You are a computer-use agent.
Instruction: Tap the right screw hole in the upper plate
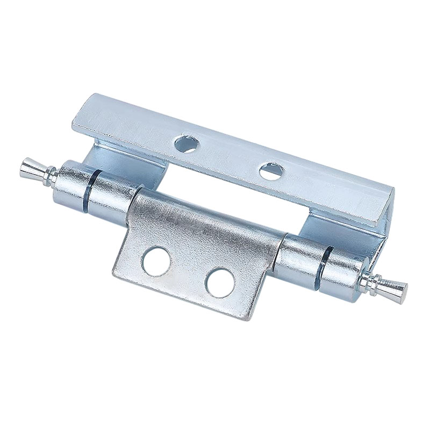[x=271, y=171]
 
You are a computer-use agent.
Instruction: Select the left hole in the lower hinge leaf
[x=157, y=261]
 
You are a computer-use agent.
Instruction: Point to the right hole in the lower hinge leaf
[x=220, y=282]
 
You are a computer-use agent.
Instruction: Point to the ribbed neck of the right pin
[x=376, y=281]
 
